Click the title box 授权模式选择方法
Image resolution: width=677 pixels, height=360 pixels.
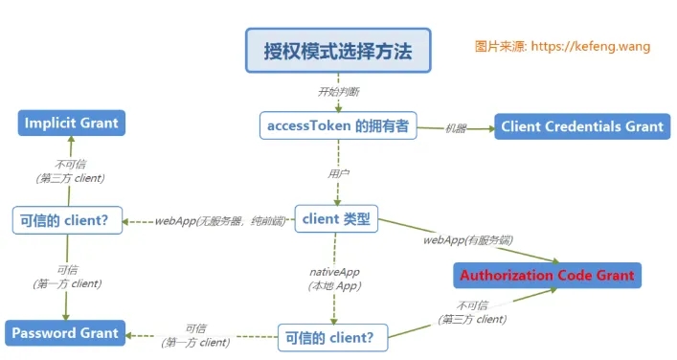click(338, 51)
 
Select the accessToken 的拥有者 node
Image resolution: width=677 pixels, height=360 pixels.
click(338, 125)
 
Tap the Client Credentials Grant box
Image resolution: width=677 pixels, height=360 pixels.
click(582, 125)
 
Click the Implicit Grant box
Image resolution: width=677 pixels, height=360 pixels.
click(72, 124)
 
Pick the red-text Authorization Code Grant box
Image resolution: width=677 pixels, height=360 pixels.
click(547, 275)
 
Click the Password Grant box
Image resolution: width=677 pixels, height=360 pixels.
click(65, 333)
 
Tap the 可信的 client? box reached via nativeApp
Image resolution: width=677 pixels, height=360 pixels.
click(335, 337)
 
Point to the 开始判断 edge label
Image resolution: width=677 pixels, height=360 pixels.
click(338, 92)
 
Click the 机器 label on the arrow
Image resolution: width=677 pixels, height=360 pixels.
click(456, 127)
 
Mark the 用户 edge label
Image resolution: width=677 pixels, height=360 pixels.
click(338, 174)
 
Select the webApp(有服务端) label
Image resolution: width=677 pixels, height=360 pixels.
click(461, 239)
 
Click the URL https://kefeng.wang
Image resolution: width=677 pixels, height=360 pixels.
click(590, 45)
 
